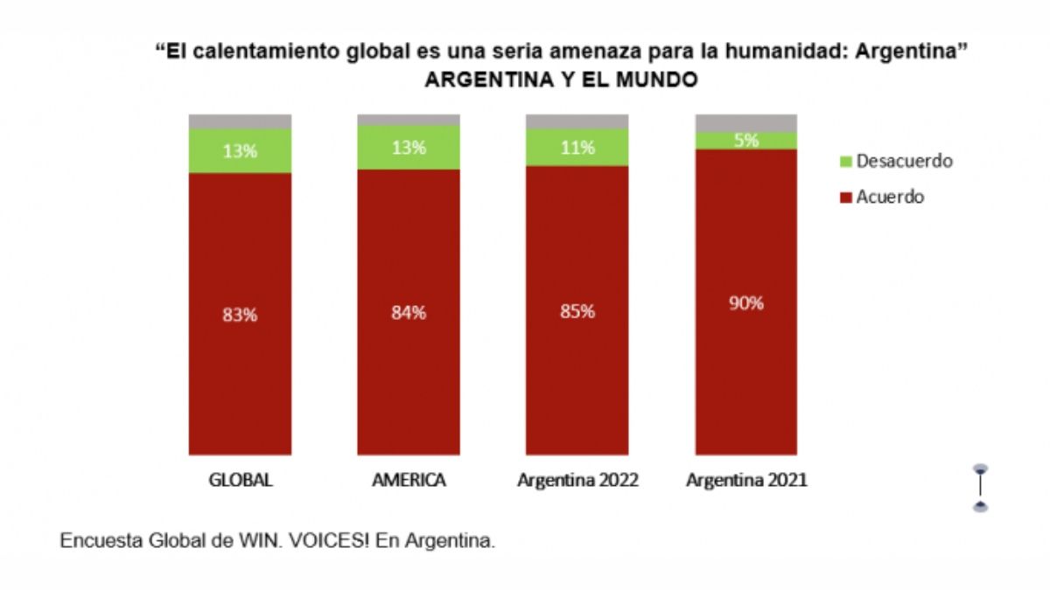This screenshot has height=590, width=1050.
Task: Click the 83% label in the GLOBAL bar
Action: pos(240,316)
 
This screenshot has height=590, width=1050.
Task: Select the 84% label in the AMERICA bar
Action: pos(409,313)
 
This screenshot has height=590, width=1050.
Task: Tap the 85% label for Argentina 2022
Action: pos(577,311)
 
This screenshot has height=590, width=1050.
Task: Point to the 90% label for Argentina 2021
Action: pos(745,303)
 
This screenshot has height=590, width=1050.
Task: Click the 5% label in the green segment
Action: pos(745,140)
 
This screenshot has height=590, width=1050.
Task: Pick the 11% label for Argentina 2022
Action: pos(577,148)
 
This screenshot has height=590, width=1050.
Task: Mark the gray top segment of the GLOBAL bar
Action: pos(240,121)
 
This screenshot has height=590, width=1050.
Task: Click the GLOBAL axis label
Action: pos(241,481)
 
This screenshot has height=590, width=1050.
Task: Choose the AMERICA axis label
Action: pos(409,481)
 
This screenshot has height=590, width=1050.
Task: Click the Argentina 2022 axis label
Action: pos(577,481)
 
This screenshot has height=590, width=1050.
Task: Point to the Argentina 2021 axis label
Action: pos(746,481)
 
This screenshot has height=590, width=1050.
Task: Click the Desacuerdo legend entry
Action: pos(904,162)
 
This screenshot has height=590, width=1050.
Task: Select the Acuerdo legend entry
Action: pos(890,198)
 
